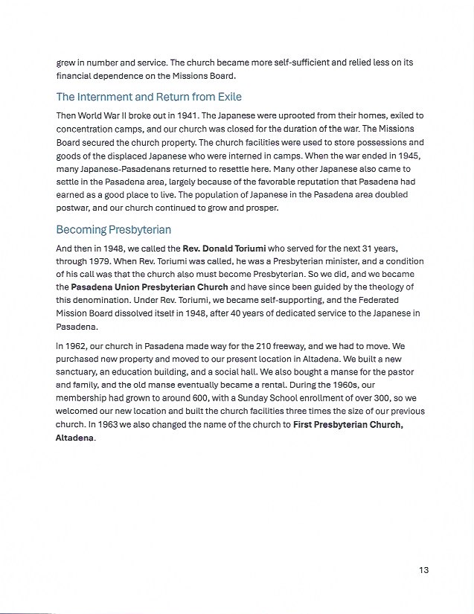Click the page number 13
click(x=423, y=570)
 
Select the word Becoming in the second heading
click(x=81, y=230)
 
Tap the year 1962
click(x=79, y=345)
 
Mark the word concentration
click(x=87, y=129)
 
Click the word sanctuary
click(x=80, y=372)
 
